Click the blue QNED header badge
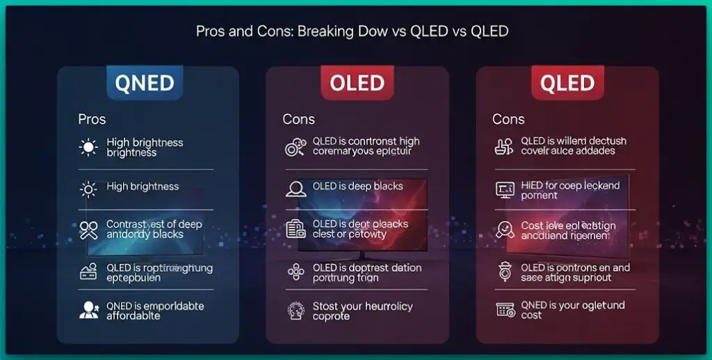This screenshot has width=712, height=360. point(145,83)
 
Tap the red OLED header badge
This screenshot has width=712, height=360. point(357,83)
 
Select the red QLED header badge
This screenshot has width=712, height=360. point(567,83)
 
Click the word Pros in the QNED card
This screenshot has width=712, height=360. point(92,120)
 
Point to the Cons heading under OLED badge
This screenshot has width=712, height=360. point(298,120)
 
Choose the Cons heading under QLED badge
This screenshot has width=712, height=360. point(508,120)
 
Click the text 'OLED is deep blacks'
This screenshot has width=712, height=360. point(357,186)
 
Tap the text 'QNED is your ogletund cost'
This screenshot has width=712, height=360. point(572,310)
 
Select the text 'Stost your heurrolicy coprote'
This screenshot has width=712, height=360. point(362,311)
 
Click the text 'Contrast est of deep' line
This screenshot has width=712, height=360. point(154,224)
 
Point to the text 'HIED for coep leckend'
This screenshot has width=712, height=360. point(569,186)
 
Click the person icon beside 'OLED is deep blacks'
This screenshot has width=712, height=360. point(295,188)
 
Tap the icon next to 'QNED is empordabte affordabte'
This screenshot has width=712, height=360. point(89,311)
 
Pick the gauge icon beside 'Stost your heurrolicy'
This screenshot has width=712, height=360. point(295,311)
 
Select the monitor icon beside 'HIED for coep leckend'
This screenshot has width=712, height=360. point(504,189)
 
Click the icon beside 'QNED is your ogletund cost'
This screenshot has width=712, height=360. point(504,310)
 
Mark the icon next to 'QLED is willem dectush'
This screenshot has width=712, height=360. point(504,146)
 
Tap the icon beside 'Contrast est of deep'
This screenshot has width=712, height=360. point(89,229)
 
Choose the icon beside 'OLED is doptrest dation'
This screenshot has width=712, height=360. point(295,272)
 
